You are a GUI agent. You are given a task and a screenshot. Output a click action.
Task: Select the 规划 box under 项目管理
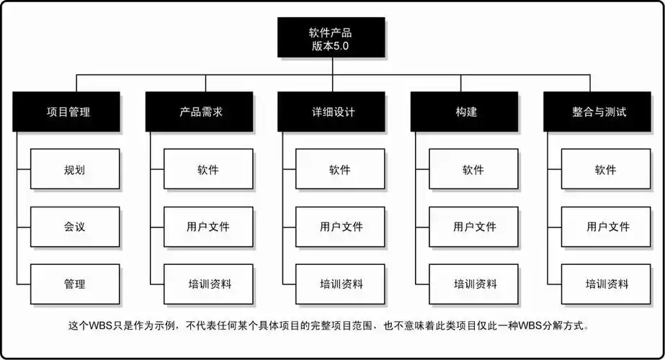(75, 169)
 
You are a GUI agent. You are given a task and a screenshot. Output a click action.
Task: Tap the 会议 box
(75, 227)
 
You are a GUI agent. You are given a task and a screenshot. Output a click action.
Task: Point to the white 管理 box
(75, 284)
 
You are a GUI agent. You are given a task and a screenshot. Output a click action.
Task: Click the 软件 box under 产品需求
(208, 169)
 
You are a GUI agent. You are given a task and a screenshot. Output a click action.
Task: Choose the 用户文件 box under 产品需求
(208, 227)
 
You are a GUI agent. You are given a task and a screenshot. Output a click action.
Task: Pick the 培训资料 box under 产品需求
(208, 284)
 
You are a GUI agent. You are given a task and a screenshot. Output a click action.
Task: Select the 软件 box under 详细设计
(341, 169)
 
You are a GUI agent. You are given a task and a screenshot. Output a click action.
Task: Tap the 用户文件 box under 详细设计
(341, 227)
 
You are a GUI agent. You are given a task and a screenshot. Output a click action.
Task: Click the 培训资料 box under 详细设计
(341, 284)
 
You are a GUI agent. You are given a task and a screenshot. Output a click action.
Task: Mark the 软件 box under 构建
(473, 169)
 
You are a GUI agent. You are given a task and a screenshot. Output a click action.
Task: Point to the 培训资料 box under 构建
(473, 284)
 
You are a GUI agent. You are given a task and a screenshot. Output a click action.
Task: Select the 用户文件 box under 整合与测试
(606, 227)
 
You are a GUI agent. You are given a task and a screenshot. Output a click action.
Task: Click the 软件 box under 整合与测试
(606, 169)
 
